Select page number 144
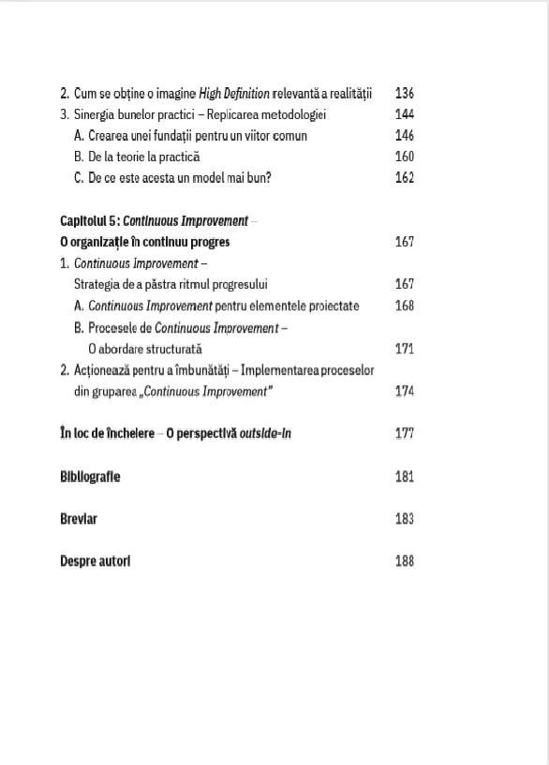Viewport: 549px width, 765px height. coord(405,114)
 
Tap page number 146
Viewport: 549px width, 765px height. coord(405,135)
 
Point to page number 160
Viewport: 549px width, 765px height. coord(405,157)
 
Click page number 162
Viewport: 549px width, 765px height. coord(405,178)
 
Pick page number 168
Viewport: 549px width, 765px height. coord(405,305)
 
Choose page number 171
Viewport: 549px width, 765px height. coord(405,348)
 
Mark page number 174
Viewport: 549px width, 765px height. coord(405,391)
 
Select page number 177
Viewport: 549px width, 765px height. coord(405,433)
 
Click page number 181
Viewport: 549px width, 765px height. coord(405,476)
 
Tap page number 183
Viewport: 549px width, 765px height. coord(405,518)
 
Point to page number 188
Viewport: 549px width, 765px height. coord(405,561)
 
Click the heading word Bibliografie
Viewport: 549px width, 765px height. coord(90,476)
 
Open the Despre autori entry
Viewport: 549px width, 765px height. coord(95,561)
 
